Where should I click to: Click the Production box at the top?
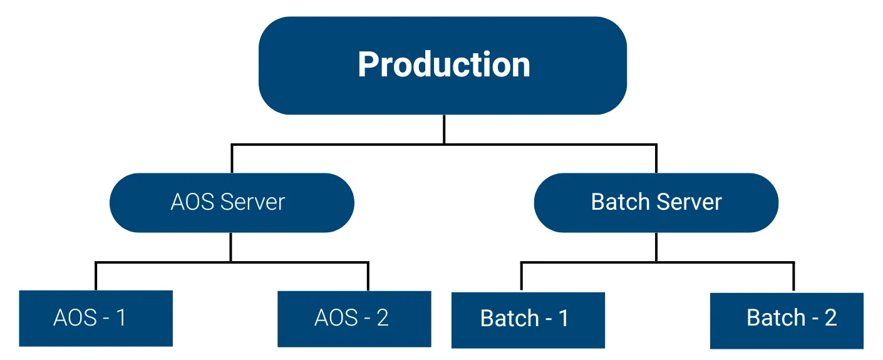[x=443, y=65]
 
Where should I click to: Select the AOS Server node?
[x=232, y=202]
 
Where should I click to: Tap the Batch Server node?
[x=656, y=202]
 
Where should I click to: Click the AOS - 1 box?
[x=96, y=318]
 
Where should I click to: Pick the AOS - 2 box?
[x=354, y=318]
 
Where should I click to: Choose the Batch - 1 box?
[x=528, y=319]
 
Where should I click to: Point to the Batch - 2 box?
[x=787, y=319]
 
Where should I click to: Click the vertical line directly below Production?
[x=444, y=129]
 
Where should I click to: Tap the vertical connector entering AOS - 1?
[x=96, y=276]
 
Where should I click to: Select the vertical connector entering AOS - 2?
[x=368, y=276]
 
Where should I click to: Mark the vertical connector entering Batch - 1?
[x=521, y=277]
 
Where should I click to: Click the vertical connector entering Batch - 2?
[x=793, y=277]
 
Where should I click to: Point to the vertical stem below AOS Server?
[x=230, y=247]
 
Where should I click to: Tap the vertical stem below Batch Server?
[x=656, y=247]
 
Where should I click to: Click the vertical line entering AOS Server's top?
[x=232, y=159]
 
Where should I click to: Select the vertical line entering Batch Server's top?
[x=656, y=159]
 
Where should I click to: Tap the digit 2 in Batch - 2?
[x=830, y=318]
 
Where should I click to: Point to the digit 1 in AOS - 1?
[x=120, y=318]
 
